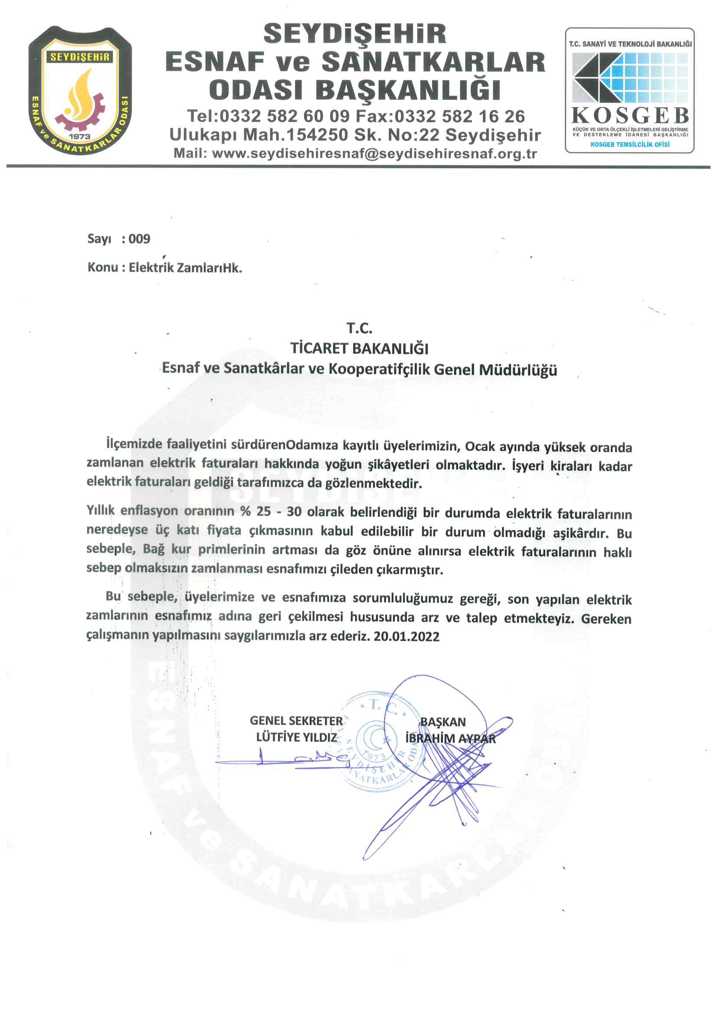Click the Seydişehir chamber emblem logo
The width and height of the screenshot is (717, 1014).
click(80, 91)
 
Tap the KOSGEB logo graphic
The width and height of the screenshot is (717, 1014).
click(629, 78)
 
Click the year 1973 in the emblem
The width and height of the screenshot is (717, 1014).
click(79, 137)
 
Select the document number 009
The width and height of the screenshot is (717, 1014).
click(140, 239)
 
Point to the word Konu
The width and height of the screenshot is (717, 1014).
click(103, 267)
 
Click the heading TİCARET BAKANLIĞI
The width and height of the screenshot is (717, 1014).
click(359, 348)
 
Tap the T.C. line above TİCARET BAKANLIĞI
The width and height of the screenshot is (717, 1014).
click(359, 328)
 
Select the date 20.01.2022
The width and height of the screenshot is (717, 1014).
click(406, 636)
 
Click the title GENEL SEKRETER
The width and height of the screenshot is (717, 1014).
click(296, 721)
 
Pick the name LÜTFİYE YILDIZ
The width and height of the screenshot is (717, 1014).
click(296, 737)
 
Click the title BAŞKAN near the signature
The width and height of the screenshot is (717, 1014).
click(443, 722)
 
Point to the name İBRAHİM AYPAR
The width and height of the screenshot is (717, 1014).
click(450, 739)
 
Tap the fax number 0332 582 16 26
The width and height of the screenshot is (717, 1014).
click(459, 117)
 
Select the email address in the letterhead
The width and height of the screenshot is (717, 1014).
click(374, 154)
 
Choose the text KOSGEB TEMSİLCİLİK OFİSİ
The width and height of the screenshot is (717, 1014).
click(629, 144)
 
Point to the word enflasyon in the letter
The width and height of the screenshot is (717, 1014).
click(149, 510)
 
